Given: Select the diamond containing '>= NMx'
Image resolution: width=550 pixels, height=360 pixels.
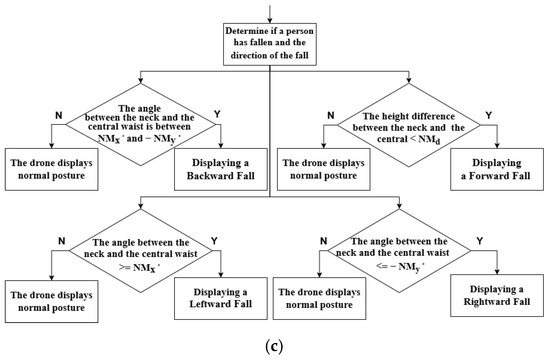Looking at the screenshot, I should pos(136,255).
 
